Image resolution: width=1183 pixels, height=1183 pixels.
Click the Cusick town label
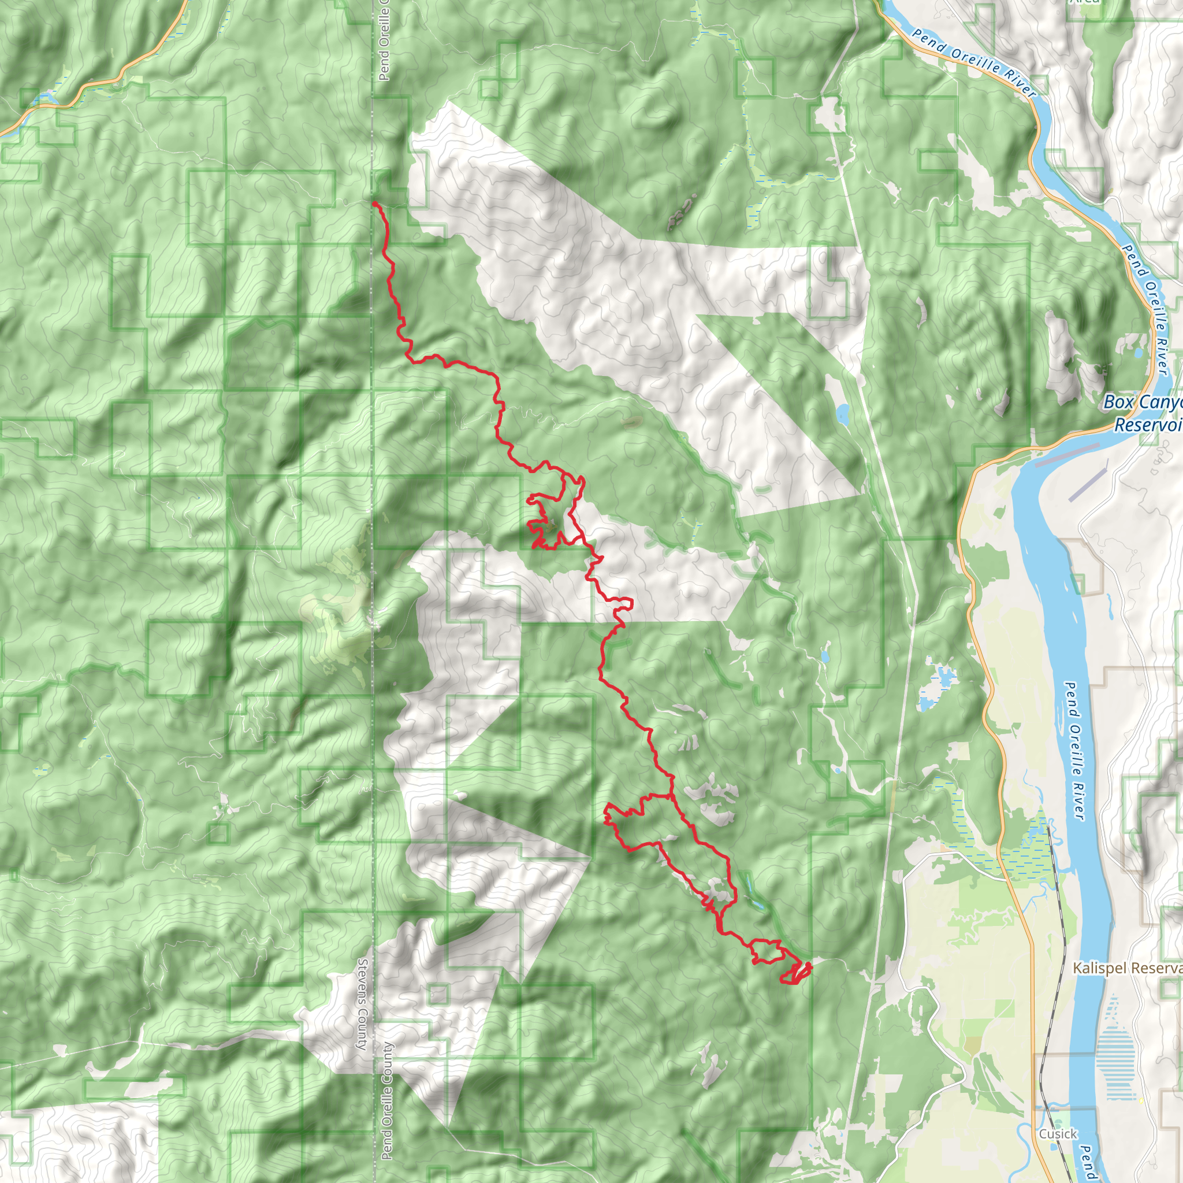1058,1133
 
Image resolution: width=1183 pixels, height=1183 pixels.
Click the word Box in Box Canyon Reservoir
1116,402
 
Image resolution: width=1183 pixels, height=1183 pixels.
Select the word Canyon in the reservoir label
1157,404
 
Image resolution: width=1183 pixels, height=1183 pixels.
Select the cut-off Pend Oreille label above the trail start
384,43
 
